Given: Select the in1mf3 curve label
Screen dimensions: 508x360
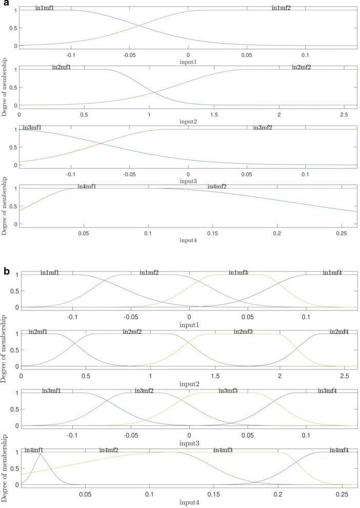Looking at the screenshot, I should tap(238, 272).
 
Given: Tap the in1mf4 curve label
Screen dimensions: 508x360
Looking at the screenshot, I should tap(332, 272).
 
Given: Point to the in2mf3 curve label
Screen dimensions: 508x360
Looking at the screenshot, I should tap(243, 332).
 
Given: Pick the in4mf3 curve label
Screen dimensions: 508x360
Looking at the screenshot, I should tap(223, 451).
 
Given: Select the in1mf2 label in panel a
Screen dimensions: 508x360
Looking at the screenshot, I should tap(282, 8).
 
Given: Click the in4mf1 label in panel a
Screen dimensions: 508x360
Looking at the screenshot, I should tap(87, 187).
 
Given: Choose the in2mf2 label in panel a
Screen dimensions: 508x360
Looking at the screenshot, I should tap(301, 68).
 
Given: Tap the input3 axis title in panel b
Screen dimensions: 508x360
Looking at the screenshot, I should tap(189, 443).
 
